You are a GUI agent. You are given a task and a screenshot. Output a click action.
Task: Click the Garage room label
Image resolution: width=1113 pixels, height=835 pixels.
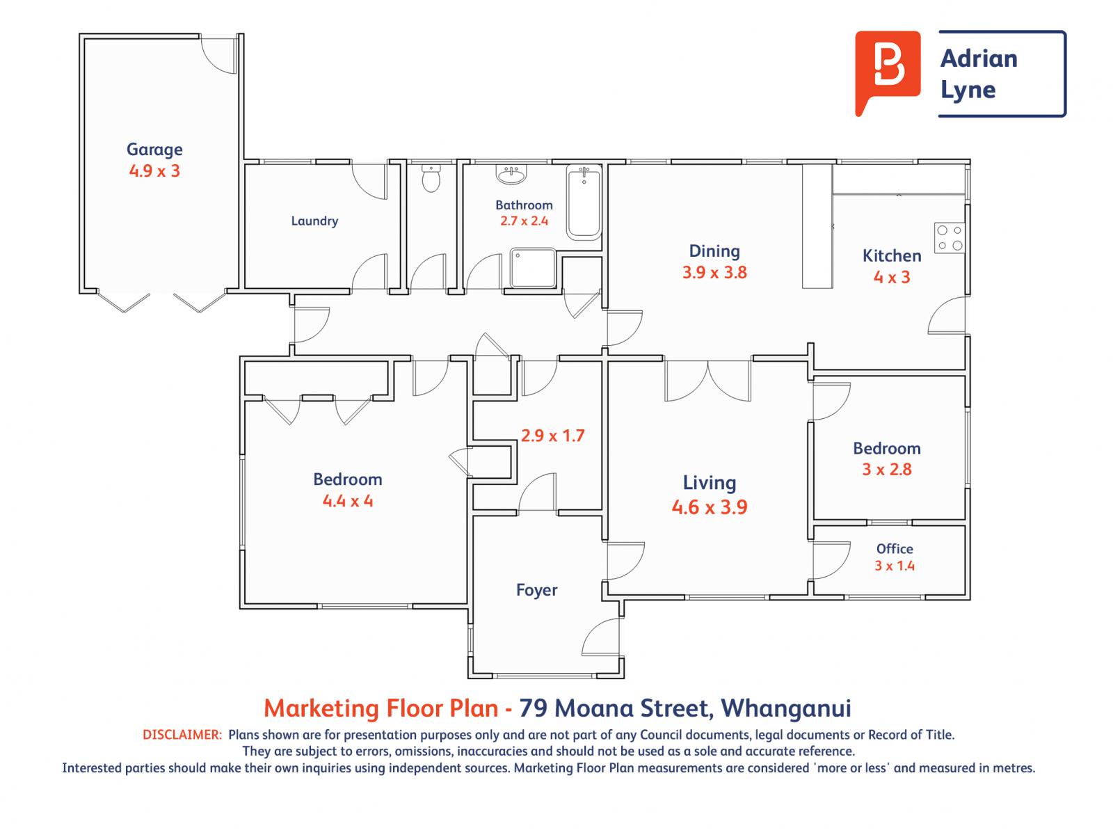coord(154,149)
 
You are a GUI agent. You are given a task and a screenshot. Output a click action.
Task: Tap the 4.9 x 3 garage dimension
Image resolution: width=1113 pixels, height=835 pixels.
coord(154,170)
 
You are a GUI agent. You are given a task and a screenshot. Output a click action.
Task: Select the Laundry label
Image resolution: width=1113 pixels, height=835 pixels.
coord(314,221)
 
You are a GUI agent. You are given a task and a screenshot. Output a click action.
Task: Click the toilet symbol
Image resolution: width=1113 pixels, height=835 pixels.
coord(431,180)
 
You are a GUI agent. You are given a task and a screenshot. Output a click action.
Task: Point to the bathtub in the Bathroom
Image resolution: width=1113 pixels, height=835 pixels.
coord(583,202)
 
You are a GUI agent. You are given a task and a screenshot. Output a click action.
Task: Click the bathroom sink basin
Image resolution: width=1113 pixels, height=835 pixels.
coord(513,175)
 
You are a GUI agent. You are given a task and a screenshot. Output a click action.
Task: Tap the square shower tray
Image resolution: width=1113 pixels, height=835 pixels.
coord(533,267)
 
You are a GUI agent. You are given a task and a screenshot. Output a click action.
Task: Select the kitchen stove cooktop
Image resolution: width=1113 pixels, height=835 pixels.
coord(949,237)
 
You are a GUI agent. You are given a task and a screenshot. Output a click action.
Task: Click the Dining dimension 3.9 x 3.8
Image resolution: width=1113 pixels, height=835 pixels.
coord(714,272)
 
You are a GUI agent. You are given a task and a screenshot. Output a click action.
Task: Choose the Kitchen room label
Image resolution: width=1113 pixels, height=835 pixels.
coord(892,255)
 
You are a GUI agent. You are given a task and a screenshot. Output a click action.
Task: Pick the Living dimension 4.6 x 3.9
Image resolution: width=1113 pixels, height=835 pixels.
coord(710,507)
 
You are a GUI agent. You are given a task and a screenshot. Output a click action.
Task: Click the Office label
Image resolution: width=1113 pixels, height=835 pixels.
coord(895,548)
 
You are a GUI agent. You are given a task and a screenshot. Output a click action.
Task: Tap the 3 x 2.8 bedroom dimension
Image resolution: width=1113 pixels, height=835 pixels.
coord(887,469)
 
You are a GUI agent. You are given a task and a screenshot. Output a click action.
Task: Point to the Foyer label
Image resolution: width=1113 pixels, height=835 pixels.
coord(536,590)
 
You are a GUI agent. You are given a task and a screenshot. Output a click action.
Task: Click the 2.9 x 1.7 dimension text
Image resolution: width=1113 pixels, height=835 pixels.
coord(553,436)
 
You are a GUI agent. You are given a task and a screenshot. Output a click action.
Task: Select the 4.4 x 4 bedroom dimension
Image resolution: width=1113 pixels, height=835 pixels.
coord(348,500)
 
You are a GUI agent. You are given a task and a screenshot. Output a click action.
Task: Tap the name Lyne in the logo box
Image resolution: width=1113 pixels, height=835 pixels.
coord(968,90)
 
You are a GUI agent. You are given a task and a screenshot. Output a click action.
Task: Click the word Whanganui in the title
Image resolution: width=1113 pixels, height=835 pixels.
coord(786,708)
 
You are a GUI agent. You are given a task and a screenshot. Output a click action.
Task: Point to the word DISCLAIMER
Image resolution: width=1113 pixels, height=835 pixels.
coord(182,734)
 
